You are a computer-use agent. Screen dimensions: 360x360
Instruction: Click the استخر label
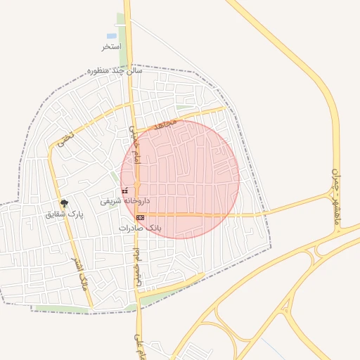(112, 46)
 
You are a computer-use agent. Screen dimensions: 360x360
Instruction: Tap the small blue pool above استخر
(112, 36)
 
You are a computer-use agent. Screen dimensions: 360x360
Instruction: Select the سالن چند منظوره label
(115, 71)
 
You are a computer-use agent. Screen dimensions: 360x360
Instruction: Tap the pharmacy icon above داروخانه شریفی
(125, 191)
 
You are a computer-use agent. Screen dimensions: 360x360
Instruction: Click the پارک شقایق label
(64, 214)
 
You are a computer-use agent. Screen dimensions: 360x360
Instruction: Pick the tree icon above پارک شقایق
(65, 203)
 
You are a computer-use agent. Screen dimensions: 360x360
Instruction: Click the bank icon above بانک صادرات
(141, 218)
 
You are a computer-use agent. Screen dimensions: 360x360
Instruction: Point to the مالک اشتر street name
(82, 275)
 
